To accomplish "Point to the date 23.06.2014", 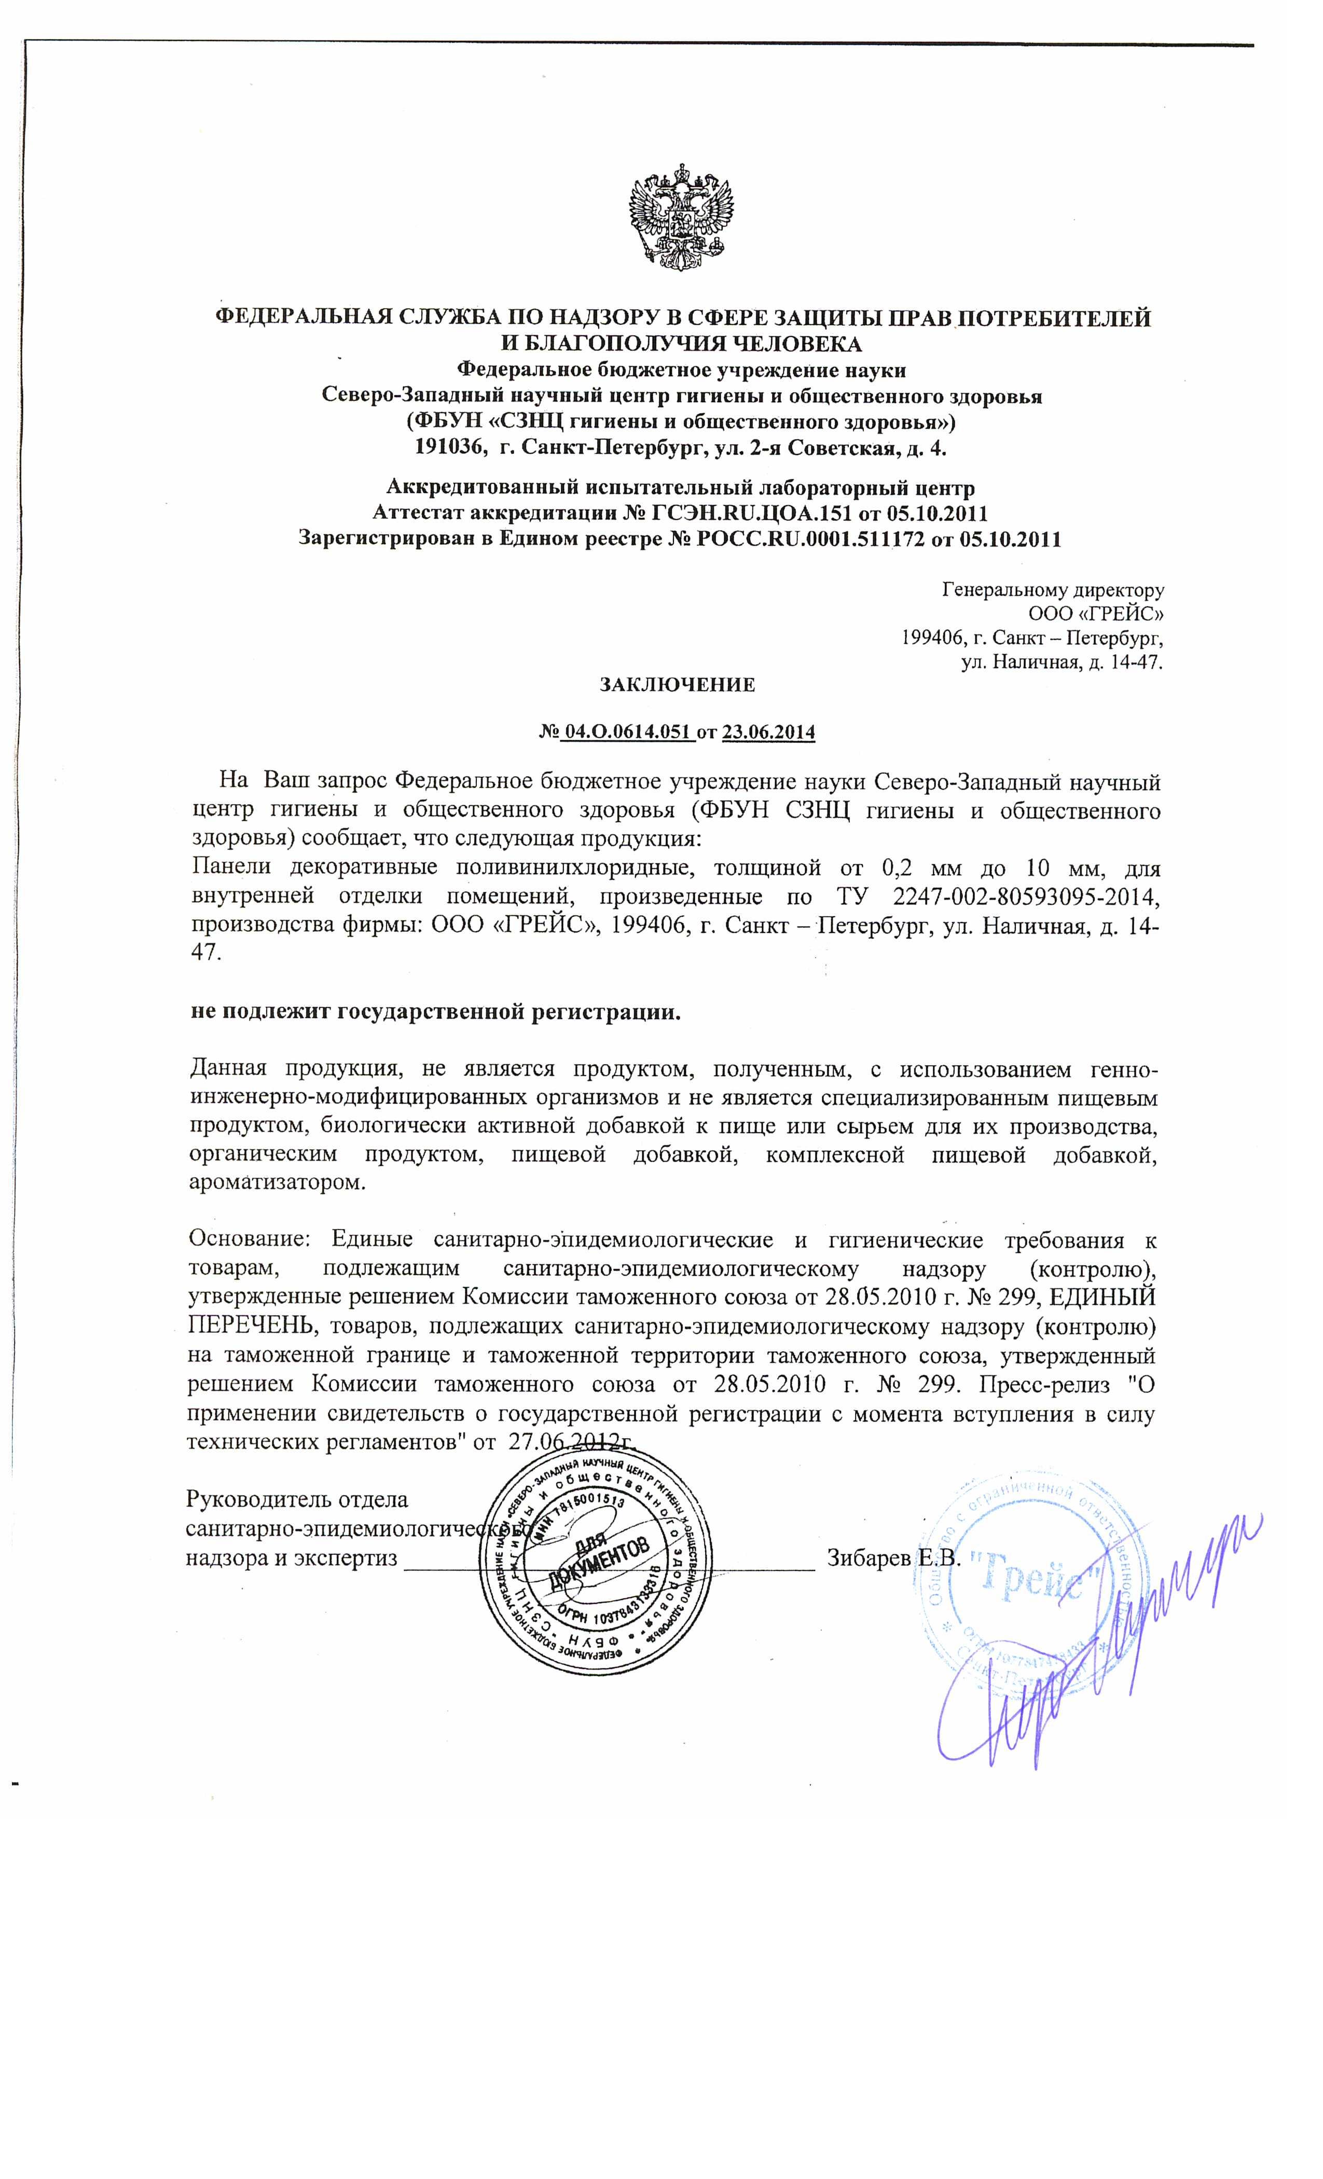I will point(768,732).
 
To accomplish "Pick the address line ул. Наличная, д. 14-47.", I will point(1060,663).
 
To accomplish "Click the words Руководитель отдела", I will point(297,1499).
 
